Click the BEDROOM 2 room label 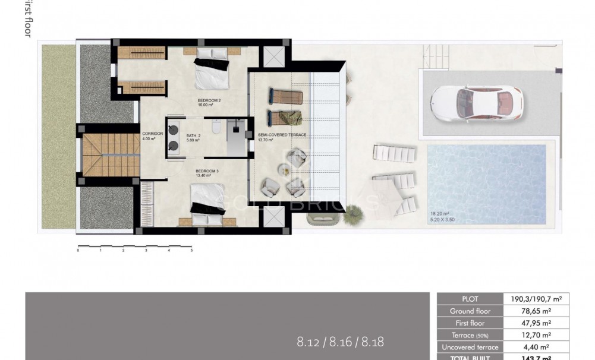209,100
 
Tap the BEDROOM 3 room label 207,171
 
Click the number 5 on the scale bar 191,251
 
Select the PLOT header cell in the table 470,299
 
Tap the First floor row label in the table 470,323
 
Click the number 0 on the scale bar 78,251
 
